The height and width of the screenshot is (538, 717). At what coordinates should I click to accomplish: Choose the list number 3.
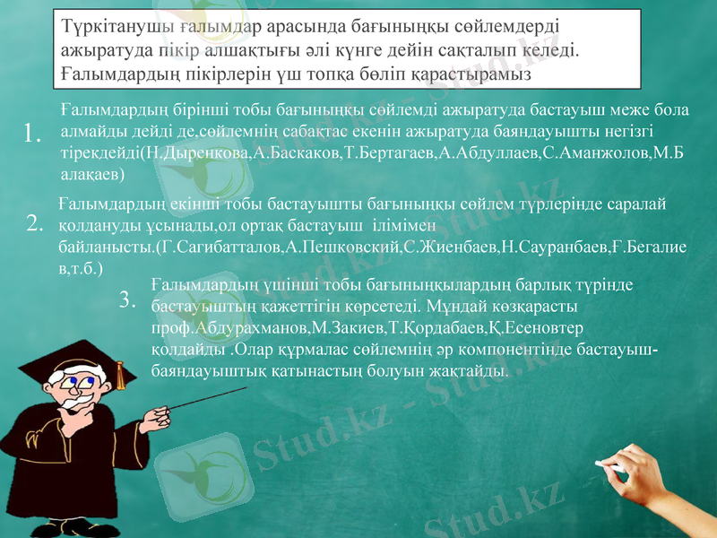click(128, 299)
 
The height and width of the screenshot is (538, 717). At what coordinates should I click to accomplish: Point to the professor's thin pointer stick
click(215, 403)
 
